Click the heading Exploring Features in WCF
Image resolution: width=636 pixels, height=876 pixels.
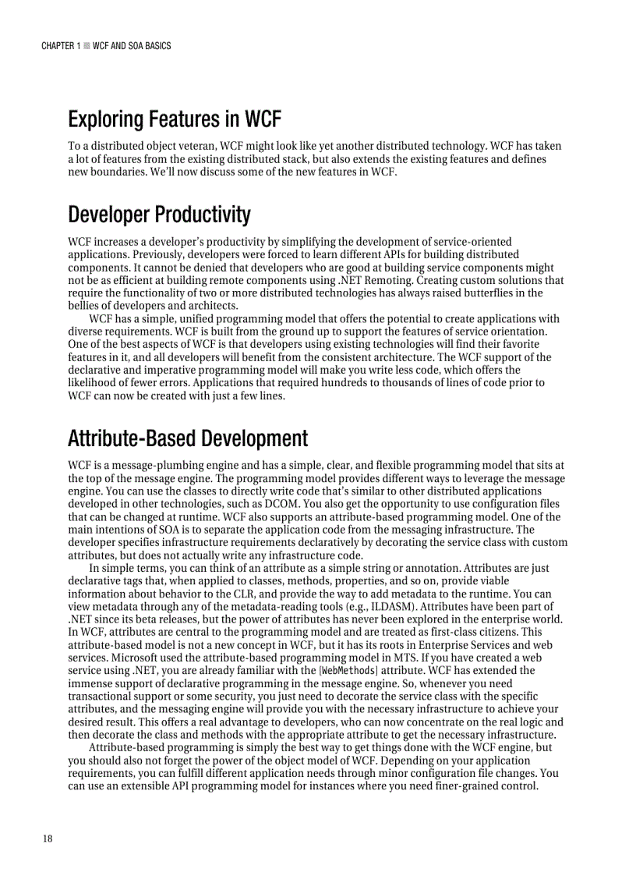pos(174,120)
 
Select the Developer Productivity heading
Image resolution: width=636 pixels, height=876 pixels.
pos(159,215)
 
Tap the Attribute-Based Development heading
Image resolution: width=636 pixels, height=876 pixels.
pos(188,438)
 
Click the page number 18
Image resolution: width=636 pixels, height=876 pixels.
pos(48,839)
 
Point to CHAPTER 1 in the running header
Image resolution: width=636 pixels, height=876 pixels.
pos(60,46)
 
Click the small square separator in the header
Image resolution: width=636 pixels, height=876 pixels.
pos(86,46)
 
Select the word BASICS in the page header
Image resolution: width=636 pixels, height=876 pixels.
pos(156,46)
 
